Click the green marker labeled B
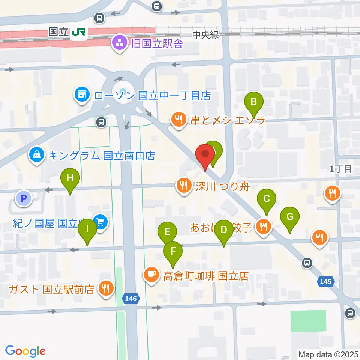254,102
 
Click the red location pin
205,155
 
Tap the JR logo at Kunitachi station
78,33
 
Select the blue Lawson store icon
82,94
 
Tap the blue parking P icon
24,198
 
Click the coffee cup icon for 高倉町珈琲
151,276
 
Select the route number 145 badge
326,281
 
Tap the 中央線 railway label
205,35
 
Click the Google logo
25,351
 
